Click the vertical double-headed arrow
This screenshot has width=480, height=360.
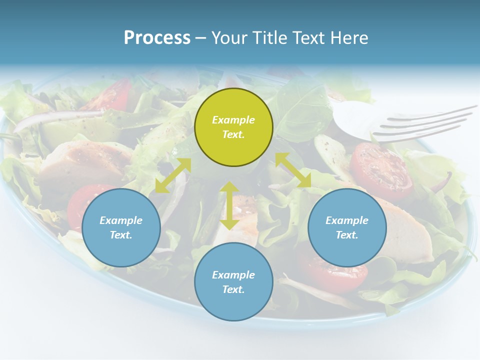pyautogui.click(x=229, y=205)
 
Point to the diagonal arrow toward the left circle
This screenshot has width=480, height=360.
pyautogui.click(x=173, y=175)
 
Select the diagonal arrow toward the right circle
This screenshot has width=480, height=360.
pyautogui.click(x=293, y=170)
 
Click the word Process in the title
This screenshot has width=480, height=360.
pyautogui.click(x=157, y=38)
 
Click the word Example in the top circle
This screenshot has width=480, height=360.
pyautogui.click(x=233, y=120)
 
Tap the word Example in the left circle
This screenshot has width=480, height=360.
pyautogui.click(x=121, y=220)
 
